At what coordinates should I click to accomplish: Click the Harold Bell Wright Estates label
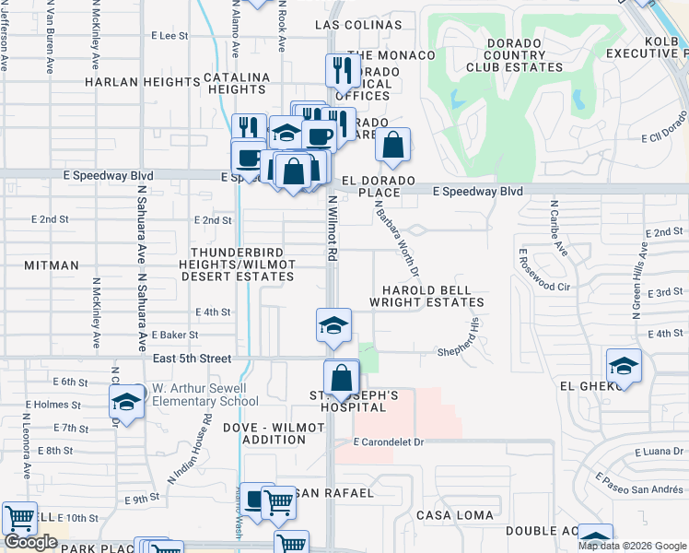pyautogui.click(x=426, y=296)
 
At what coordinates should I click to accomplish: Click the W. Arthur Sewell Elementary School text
pyautogui.click(x=204, y=394)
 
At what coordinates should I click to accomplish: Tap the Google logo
pyautogui.click(x=30, y=542)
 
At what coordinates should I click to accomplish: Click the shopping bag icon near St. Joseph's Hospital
pyautogui.click(x=342, y=377)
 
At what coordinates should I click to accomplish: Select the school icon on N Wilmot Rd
pyautogui.click(x=333, y=324)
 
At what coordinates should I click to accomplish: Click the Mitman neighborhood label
pyautogui.click(x=53, y=265)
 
